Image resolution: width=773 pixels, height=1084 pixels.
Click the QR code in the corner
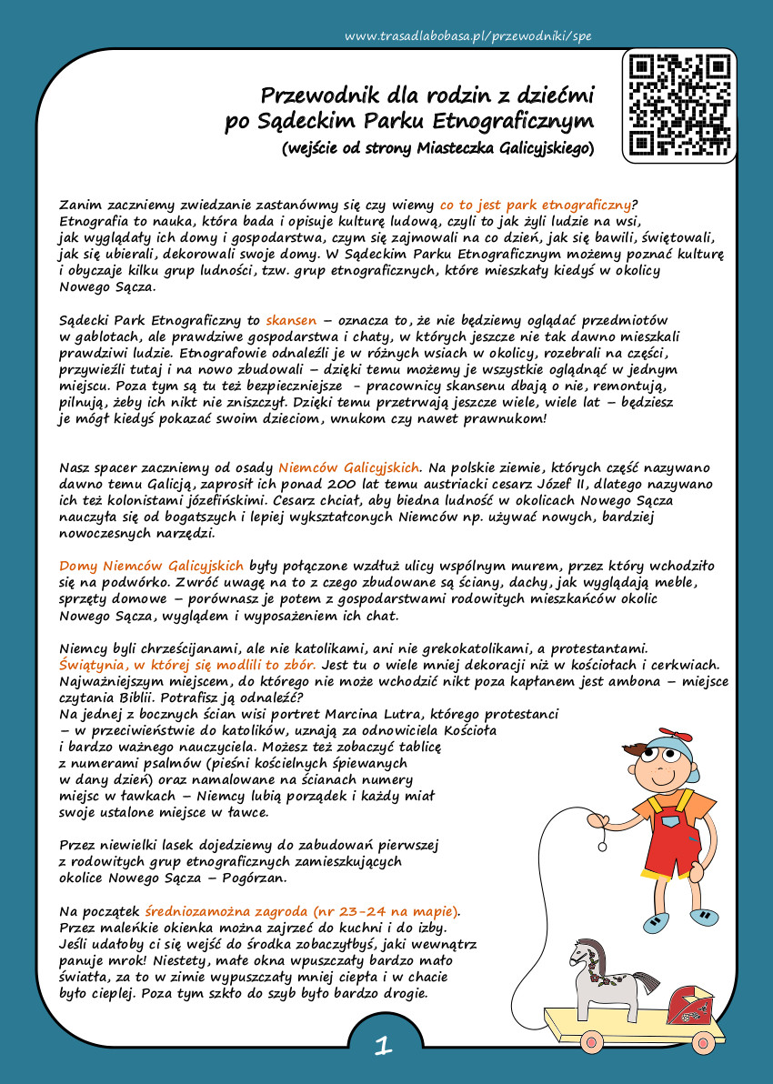pyautogui.click(x=681, y=103)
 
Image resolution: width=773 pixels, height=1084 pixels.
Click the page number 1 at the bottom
pyautogui.click(x=384, y=1047)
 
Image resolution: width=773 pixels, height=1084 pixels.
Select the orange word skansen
pyautogui.click(x=291, y=321)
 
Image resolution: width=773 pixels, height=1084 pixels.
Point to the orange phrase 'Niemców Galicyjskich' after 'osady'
pyautogui.click(x=350, y=467)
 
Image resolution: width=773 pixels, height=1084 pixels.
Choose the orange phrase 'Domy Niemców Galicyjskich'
pyautogui.click(x=151, y=566)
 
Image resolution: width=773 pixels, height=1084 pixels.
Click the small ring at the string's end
pyautogui.click(x=601, y=846)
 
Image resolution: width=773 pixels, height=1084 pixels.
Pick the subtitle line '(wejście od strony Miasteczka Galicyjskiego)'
pyautogui.click(x=437, y=146)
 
